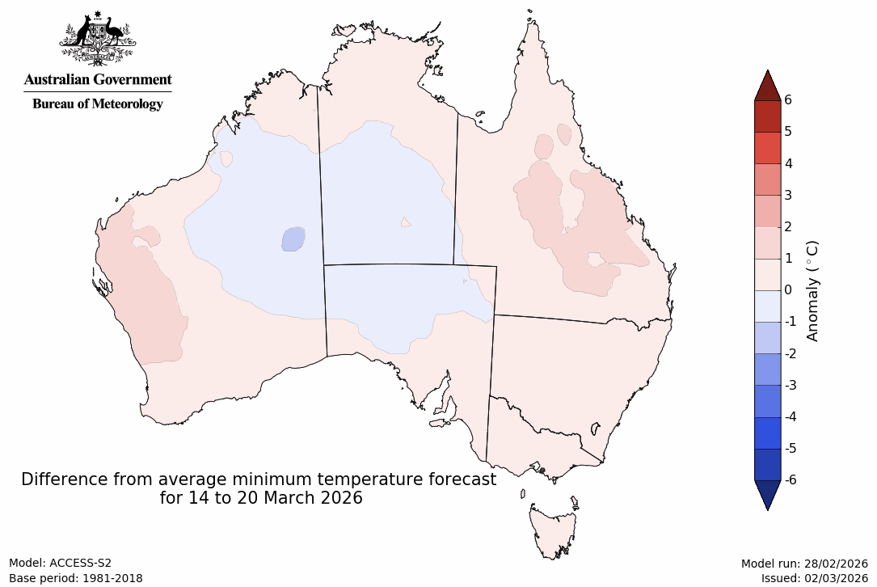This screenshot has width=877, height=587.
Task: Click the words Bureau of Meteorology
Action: (97, 103)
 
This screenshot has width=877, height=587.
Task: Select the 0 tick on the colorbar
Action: (787, 290)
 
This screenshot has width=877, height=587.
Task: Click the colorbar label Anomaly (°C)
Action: (812, 290)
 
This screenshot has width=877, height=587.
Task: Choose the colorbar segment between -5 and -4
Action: (767, 433)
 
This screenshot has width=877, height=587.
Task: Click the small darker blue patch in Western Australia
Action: (293, 239)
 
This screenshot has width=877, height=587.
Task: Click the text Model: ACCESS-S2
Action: (60, 564)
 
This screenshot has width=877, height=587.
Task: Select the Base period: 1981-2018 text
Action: (76, 578)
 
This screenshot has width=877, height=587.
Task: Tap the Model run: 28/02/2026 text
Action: (804, 564)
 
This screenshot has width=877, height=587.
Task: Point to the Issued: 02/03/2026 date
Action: (814, 578)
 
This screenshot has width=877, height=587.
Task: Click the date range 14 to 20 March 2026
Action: (261, 498)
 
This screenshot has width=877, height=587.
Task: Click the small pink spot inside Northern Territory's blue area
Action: (406, 222)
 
